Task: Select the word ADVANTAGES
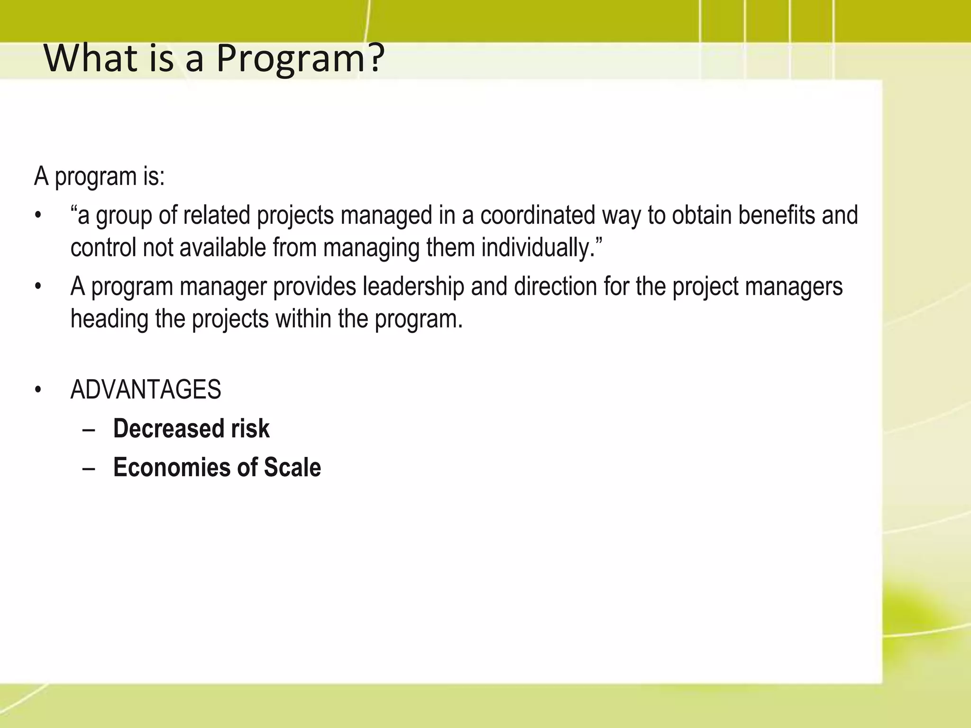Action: (x=146, y=390)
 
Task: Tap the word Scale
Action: (x=293, y=467)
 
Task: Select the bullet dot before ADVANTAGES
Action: (x=38, y=390)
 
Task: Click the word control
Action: (x=103, y=248)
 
